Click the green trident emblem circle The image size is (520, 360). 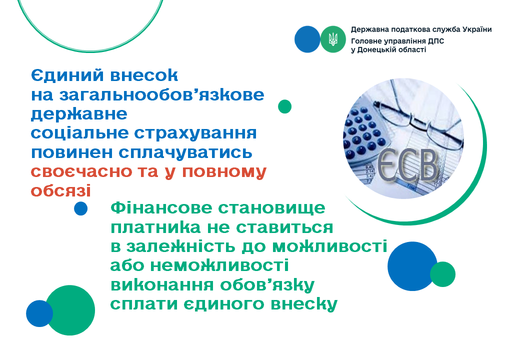point(333,39)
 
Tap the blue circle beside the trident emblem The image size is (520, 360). point(307,39)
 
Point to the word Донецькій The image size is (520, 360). point(377,49)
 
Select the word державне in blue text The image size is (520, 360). point(79,113)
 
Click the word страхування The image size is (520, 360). point(195,133)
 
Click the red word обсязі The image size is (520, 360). point(60,190)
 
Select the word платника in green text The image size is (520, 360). point(155,227)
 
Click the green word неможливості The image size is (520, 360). point(219,265)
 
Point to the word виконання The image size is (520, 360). point(161,285)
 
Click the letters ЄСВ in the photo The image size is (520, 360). point(408,165)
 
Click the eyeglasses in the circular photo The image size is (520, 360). point(421,119)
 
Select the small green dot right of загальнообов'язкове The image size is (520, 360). point(284,106)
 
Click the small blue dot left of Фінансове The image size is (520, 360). point(80,208)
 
